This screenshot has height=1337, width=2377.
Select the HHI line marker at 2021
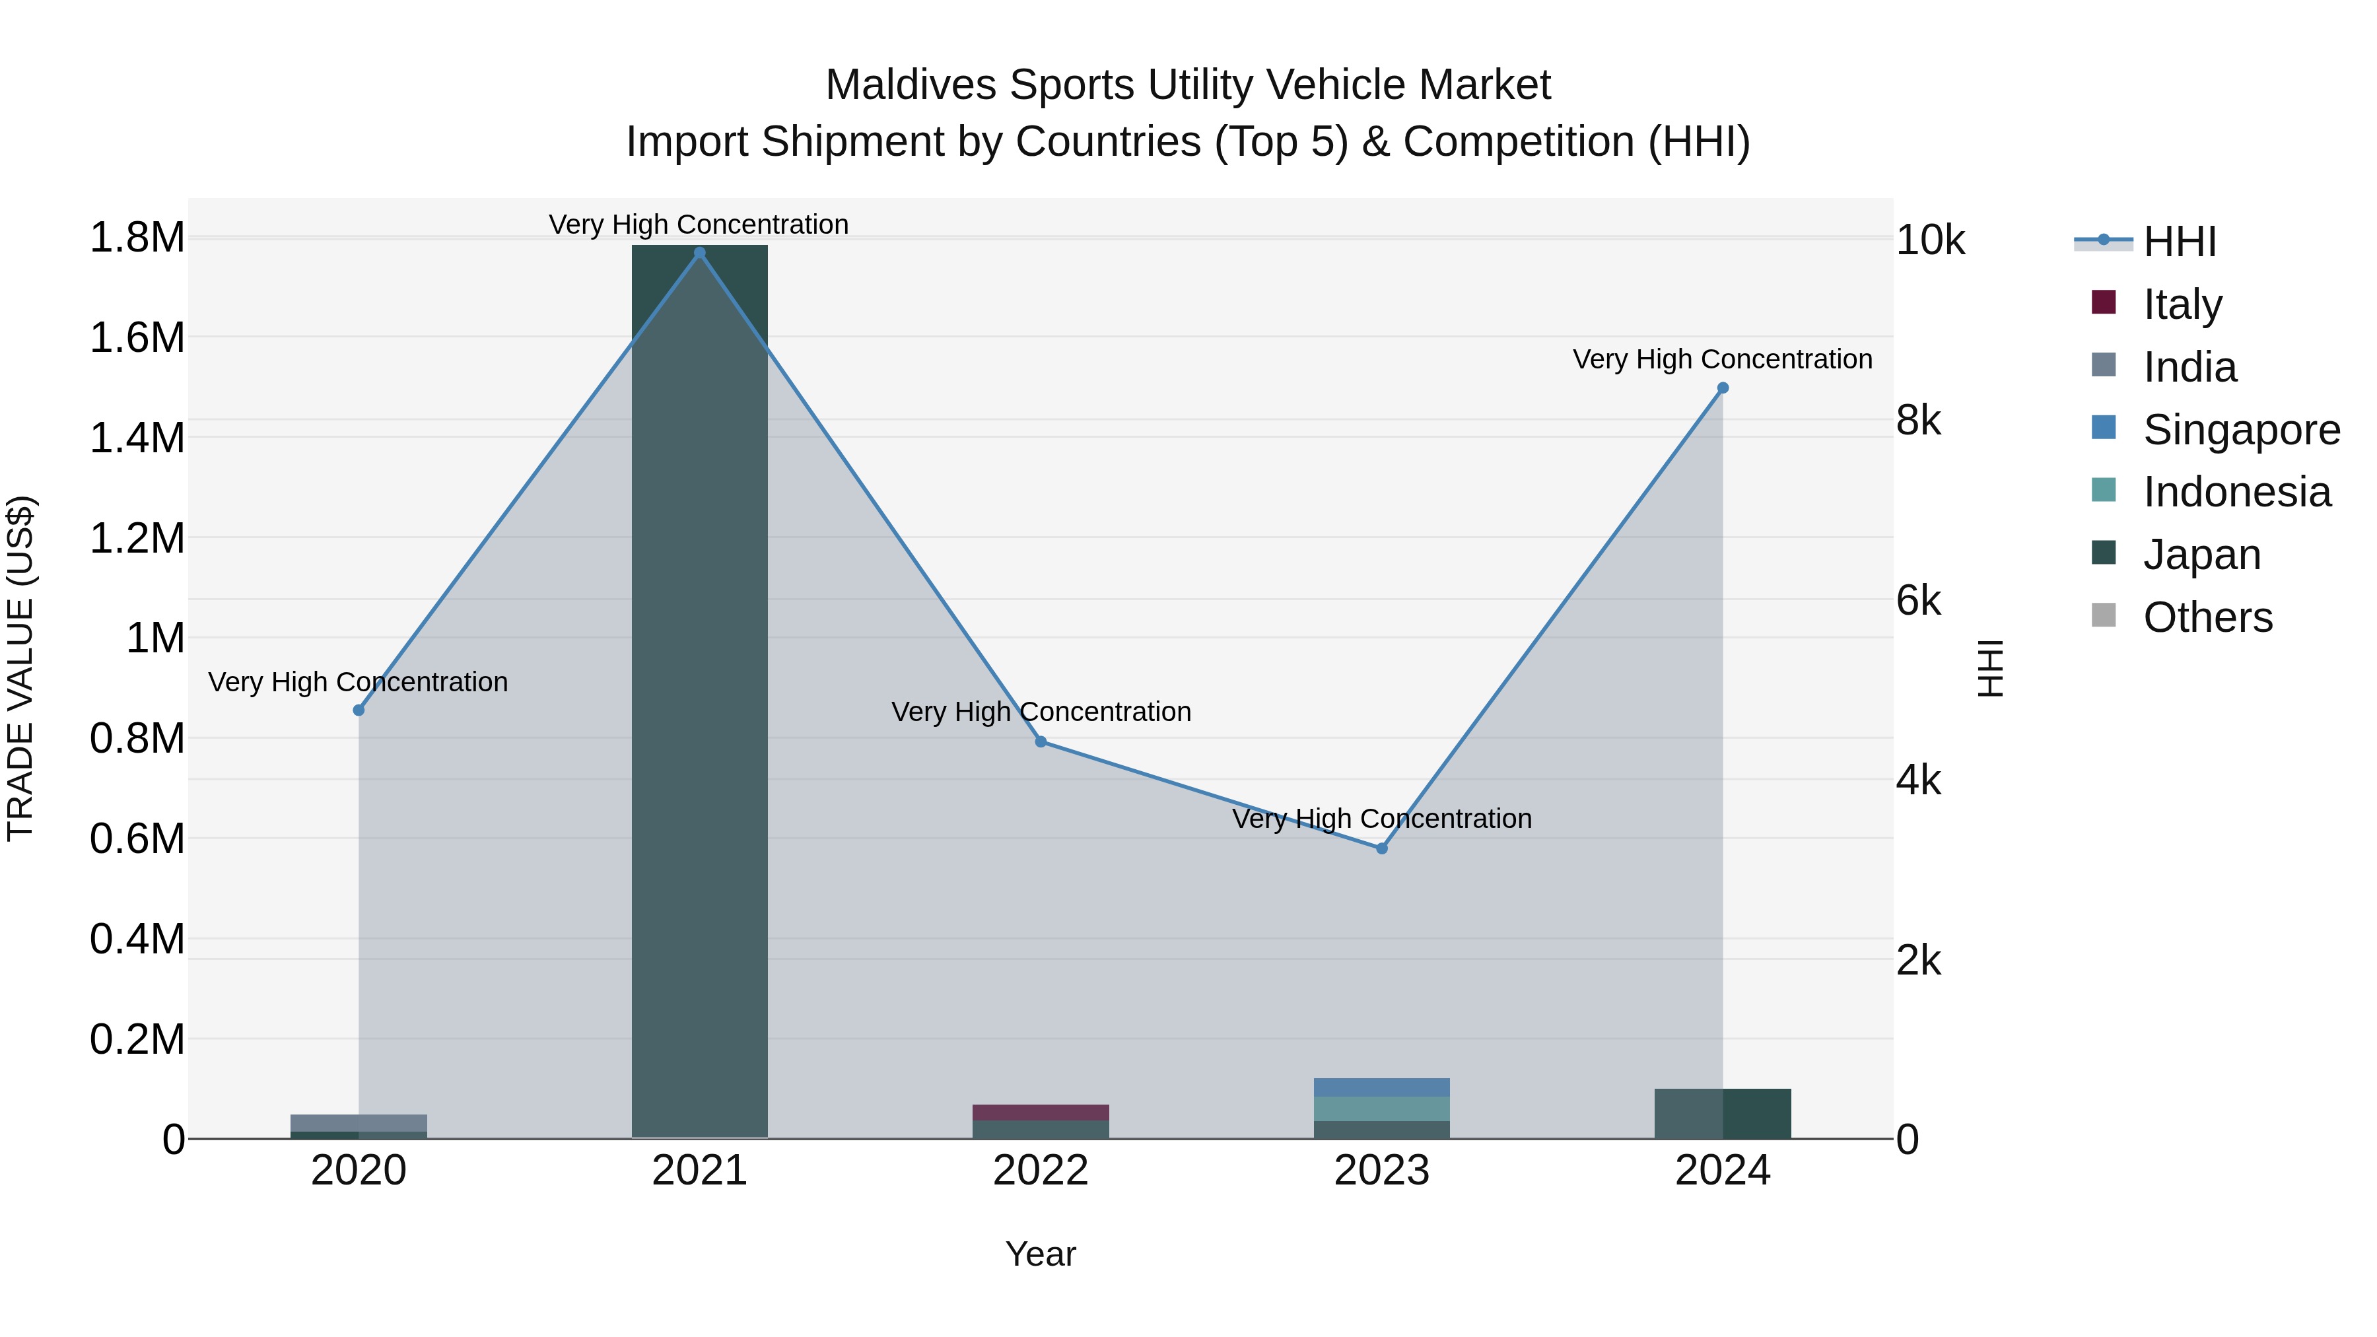point(699,253)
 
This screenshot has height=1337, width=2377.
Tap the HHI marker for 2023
point(1381,848)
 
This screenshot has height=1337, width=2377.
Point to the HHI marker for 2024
point(1722,388)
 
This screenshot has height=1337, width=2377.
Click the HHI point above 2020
point(359,710)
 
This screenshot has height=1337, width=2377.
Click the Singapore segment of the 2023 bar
point(1381,1087)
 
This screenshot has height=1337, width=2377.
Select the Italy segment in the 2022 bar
point(1041,1112)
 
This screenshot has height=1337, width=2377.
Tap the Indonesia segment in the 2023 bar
point(1381,1108)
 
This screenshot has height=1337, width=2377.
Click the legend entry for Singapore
point(2240,430)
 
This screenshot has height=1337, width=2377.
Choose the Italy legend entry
point(2182,304)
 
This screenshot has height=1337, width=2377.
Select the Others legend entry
point(2207,617)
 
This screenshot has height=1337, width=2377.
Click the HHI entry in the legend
point(2179,242)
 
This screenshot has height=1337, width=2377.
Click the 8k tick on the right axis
point(1919,421)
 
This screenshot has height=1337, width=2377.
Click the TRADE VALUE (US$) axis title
point(21,668)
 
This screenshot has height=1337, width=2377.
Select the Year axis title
point(1041,1254)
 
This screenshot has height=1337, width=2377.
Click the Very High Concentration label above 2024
point(1722,359)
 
